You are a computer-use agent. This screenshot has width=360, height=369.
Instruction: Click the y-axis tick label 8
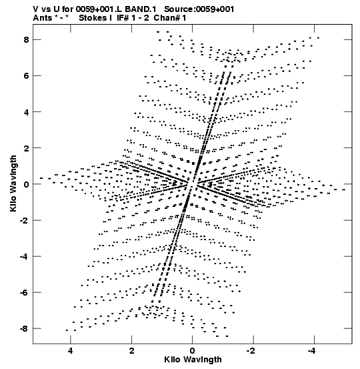pyautogui.click(x=26, y=40)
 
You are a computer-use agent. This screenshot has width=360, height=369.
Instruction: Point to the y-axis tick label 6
pyautogui.click(x=26, y=76)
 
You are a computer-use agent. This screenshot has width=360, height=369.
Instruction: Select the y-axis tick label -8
pyautogui.click(x=24, y=328)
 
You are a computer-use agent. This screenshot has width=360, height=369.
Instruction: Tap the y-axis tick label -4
pyautogui.click(x=24, y=256)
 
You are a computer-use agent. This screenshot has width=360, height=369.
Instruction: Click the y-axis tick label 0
pyautogui.click(x=26, y=184)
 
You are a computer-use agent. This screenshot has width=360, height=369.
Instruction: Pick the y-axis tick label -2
pyautogui.click(x=24, y=220)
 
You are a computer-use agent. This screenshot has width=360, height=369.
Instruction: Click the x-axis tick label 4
pyautogui.click(x=70, y=351)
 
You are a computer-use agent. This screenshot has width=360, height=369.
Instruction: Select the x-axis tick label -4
pyautogui.click(x=311, y=351)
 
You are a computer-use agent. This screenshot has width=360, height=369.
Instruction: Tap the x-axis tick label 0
pyautogui.click(x=193, y=351)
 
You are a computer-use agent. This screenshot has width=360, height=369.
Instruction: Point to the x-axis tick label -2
pyautogui.click(x=251, y=351)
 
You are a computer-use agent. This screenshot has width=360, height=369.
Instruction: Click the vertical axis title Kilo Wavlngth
pyautogui.click(x=13, y=183)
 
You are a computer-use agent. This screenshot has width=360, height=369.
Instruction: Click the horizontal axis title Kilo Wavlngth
pyautogui.click(x=193, y=360)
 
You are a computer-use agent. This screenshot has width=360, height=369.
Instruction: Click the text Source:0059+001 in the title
pyautogui.click(x=199, y=9)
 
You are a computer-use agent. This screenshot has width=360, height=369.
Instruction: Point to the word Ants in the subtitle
pyautogui.click(x=42, y=18)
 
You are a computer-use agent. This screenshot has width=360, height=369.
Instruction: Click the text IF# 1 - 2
pyautogui.click(x=133, y=18)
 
